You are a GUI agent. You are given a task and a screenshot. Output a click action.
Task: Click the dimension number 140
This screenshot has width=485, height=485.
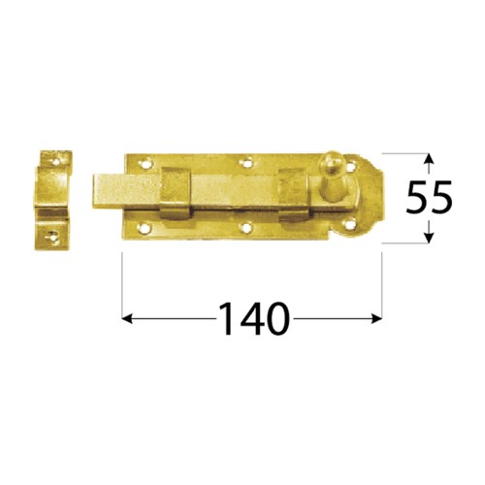click(x=253, y=318)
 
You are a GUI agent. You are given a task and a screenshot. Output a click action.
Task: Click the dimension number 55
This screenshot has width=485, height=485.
click(x=429, y=197)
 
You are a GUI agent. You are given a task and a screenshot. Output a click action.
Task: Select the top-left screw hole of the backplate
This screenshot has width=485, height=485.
click(x=145, y=164)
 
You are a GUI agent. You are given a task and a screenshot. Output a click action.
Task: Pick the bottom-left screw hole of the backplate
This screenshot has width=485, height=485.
click(x=144, y=229)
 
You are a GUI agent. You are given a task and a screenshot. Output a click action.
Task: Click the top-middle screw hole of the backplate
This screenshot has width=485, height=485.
click(x=247, y=163)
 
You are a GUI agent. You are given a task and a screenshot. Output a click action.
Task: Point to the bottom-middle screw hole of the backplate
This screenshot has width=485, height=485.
click(x=247, y=227)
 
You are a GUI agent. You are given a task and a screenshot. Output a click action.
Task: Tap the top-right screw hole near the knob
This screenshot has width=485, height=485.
click(x=351, y=166)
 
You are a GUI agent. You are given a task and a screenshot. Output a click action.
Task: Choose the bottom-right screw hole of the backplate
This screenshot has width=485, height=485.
click(x=349, y=224)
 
